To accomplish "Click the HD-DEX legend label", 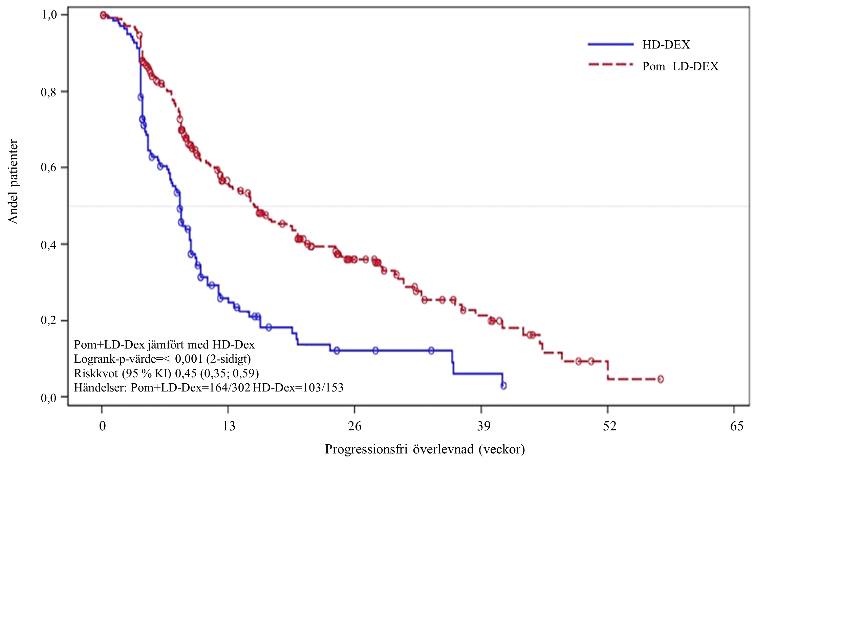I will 666,45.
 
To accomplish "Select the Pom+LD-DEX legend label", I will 680,67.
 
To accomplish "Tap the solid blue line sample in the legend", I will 610,45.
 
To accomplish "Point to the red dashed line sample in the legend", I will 610,65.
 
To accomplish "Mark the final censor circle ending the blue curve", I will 503,386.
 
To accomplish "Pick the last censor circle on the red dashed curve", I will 660,379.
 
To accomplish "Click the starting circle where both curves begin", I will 103,15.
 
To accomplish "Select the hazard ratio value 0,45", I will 186,373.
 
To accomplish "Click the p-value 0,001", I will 189,359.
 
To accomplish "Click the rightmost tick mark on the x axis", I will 734,409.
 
